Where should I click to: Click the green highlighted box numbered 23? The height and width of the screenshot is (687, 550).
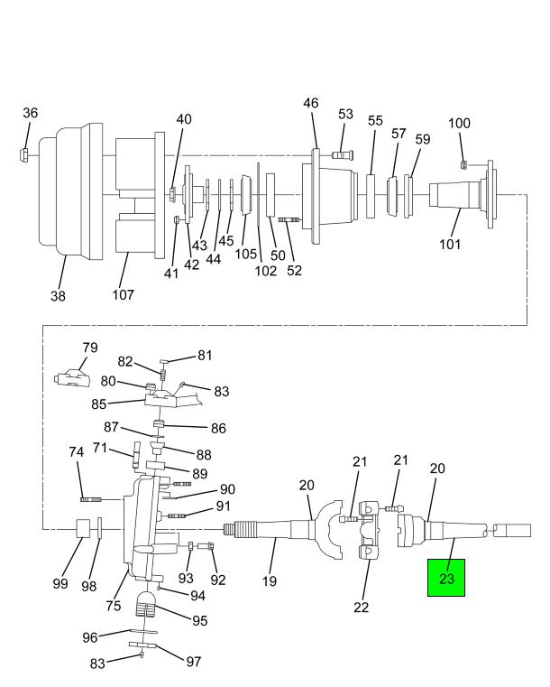pos(446,578)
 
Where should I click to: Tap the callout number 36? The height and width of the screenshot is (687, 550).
pos(30,113)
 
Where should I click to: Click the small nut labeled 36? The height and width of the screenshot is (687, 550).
pos(25,155)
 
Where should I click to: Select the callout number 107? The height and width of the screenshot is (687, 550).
pos(123,294)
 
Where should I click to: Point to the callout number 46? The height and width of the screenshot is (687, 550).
pos(311,103)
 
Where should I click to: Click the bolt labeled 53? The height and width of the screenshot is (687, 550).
pos(343,154)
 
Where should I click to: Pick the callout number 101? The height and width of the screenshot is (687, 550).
pos(450,244)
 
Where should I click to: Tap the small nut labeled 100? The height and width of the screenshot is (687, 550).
pos(464,164)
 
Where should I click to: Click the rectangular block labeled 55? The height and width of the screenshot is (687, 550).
pos(371,196)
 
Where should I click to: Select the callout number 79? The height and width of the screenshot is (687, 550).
pos(90,348)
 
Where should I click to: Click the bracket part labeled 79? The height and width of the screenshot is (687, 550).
pos(71,378)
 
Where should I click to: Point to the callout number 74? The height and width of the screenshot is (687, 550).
pos(76,451)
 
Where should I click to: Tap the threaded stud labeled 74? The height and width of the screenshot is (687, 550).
pos(91,499)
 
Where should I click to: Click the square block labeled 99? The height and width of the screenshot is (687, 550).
pos(83,528)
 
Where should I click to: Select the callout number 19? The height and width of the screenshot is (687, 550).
pos(270,581)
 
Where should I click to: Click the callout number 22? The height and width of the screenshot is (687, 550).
pos(362,608)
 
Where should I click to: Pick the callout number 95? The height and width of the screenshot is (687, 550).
pos(199,620)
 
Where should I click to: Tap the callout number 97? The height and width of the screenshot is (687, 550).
pos(193,662)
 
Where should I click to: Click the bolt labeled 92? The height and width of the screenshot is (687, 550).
pos(206,546)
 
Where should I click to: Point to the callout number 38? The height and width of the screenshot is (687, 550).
pos(59,296)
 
